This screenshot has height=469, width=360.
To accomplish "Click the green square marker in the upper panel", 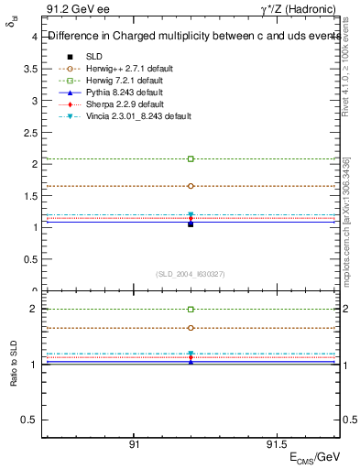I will click(x=191, y=158).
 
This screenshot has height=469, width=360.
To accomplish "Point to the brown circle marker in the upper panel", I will click(x=191, y=186).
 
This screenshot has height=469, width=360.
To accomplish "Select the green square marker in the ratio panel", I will click(x=191, y=310).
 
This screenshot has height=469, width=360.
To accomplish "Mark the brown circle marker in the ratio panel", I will click(x=191, y=327).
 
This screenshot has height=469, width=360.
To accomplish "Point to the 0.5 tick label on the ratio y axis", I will click(x=29, y=420).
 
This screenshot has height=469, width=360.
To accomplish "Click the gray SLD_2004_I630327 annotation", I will click(x=191, y=274).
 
